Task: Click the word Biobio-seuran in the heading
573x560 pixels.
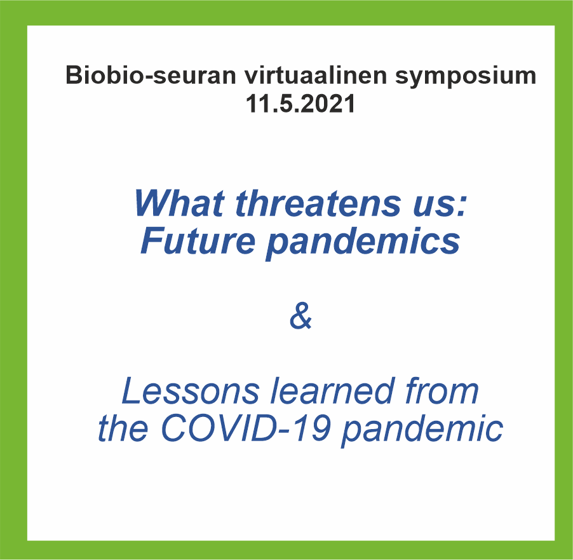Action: tap(151, 75)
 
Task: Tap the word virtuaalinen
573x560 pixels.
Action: tap(315, 75)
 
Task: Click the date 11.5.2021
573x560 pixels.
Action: tap(300, 103)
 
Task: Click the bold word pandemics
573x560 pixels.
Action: tap(363, 243)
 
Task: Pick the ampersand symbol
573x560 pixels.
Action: tap(300, 315)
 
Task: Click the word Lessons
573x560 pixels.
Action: tap(191, 391)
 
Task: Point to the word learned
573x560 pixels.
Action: tap(333, 391)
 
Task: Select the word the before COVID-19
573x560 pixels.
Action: tap(123, 427)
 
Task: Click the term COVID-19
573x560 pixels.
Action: tap(246, 427)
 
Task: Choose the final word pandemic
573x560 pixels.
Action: tap(422, 430)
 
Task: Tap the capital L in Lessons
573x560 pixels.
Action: tap(131, 391)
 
